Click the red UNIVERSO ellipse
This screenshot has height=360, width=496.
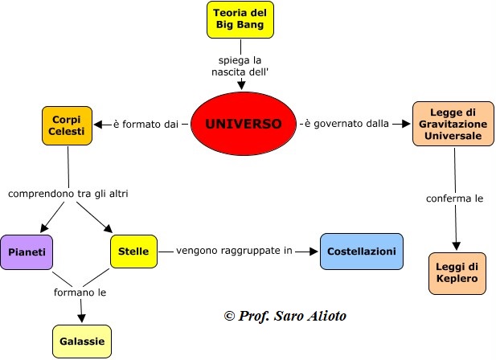(x=244, y=124)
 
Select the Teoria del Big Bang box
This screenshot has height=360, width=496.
(x=240, y=19)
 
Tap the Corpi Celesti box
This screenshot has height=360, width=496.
(x=67, y=126)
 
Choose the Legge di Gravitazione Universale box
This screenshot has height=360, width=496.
(x=453, y=124)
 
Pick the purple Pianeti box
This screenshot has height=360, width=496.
(x=27, y=252)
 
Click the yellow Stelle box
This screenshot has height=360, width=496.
(x=133, y=252)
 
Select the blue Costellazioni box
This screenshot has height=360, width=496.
(x=362, y=252)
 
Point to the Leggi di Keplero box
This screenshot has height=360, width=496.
(x=457, y=273)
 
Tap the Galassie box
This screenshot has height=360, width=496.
(x=82, y=342)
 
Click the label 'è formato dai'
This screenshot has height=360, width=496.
(x=146, y=125)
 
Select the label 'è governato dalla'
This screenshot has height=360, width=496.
(x=346, y=123)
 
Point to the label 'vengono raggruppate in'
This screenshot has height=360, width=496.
(x=234, y=251)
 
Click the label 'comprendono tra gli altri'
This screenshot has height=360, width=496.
(x=68, y=194)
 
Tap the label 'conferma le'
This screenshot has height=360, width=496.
(x=454, y=198)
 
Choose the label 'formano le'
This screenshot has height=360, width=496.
(x=80, y=292)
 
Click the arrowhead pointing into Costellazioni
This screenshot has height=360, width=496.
(x=314, y=252)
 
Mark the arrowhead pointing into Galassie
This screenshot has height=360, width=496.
(x=82, y=318)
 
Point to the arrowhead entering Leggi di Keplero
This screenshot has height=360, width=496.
(x=456, y=246)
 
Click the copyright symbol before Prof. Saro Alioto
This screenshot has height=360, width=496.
(x=229, y=316)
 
